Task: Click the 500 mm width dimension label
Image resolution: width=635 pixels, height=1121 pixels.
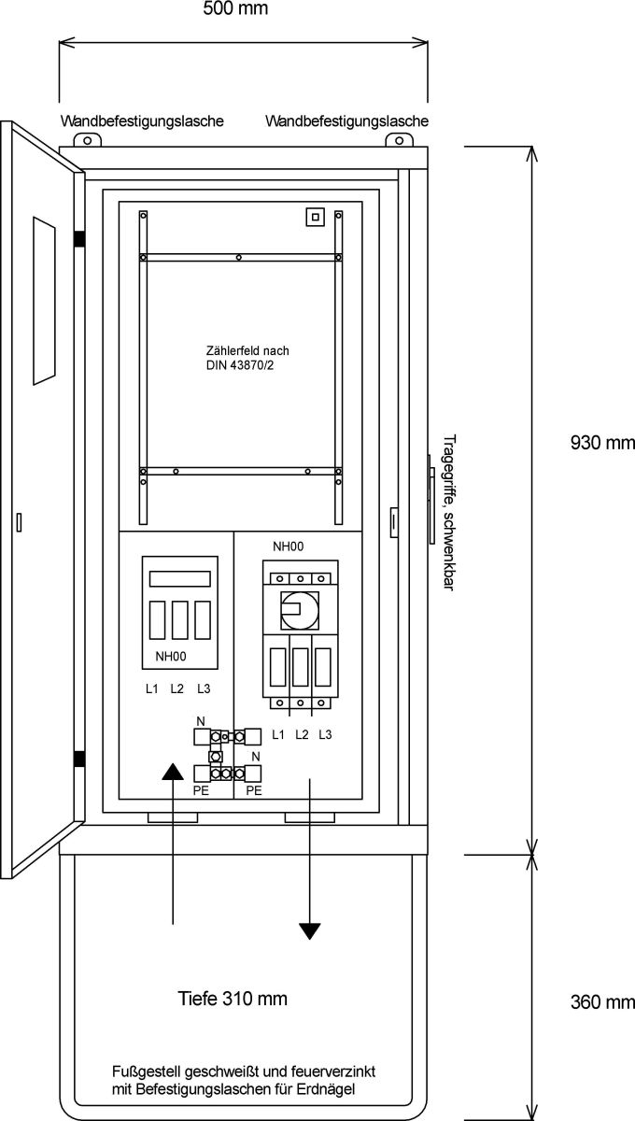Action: (235, 9)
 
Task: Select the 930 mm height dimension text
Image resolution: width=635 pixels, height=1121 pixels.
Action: (600, 443)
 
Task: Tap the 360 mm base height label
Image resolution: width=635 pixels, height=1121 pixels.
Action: (600, 1002)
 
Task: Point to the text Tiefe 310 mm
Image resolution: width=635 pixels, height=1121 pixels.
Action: (233, 999)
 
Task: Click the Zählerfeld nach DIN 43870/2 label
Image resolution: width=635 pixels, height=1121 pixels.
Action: (241, 358)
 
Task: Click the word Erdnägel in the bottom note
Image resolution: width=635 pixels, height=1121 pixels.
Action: (329, 1090)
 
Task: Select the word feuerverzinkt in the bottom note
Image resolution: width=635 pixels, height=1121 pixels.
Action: (332, 1072)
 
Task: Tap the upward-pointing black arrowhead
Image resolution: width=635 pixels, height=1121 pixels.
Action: (174, 770)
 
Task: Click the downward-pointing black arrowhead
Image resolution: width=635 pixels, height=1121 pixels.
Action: (310, 930)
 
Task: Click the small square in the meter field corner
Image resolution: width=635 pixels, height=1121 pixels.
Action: (316, 217)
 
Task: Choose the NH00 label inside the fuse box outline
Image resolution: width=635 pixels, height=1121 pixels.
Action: (171, 658)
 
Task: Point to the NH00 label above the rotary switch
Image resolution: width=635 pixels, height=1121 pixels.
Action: (289, 546)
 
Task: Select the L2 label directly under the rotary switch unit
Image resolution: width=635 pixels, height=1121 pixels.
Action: (302, 735)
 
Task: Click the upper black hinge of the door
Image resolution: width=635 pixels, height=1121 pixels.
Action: (80, 238)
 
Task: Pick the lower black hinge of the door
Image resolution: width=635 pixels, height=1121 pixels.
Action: (80, 759)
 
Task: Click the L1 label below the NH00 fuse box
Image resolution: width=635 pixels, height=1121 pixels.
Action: (151, 689)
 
